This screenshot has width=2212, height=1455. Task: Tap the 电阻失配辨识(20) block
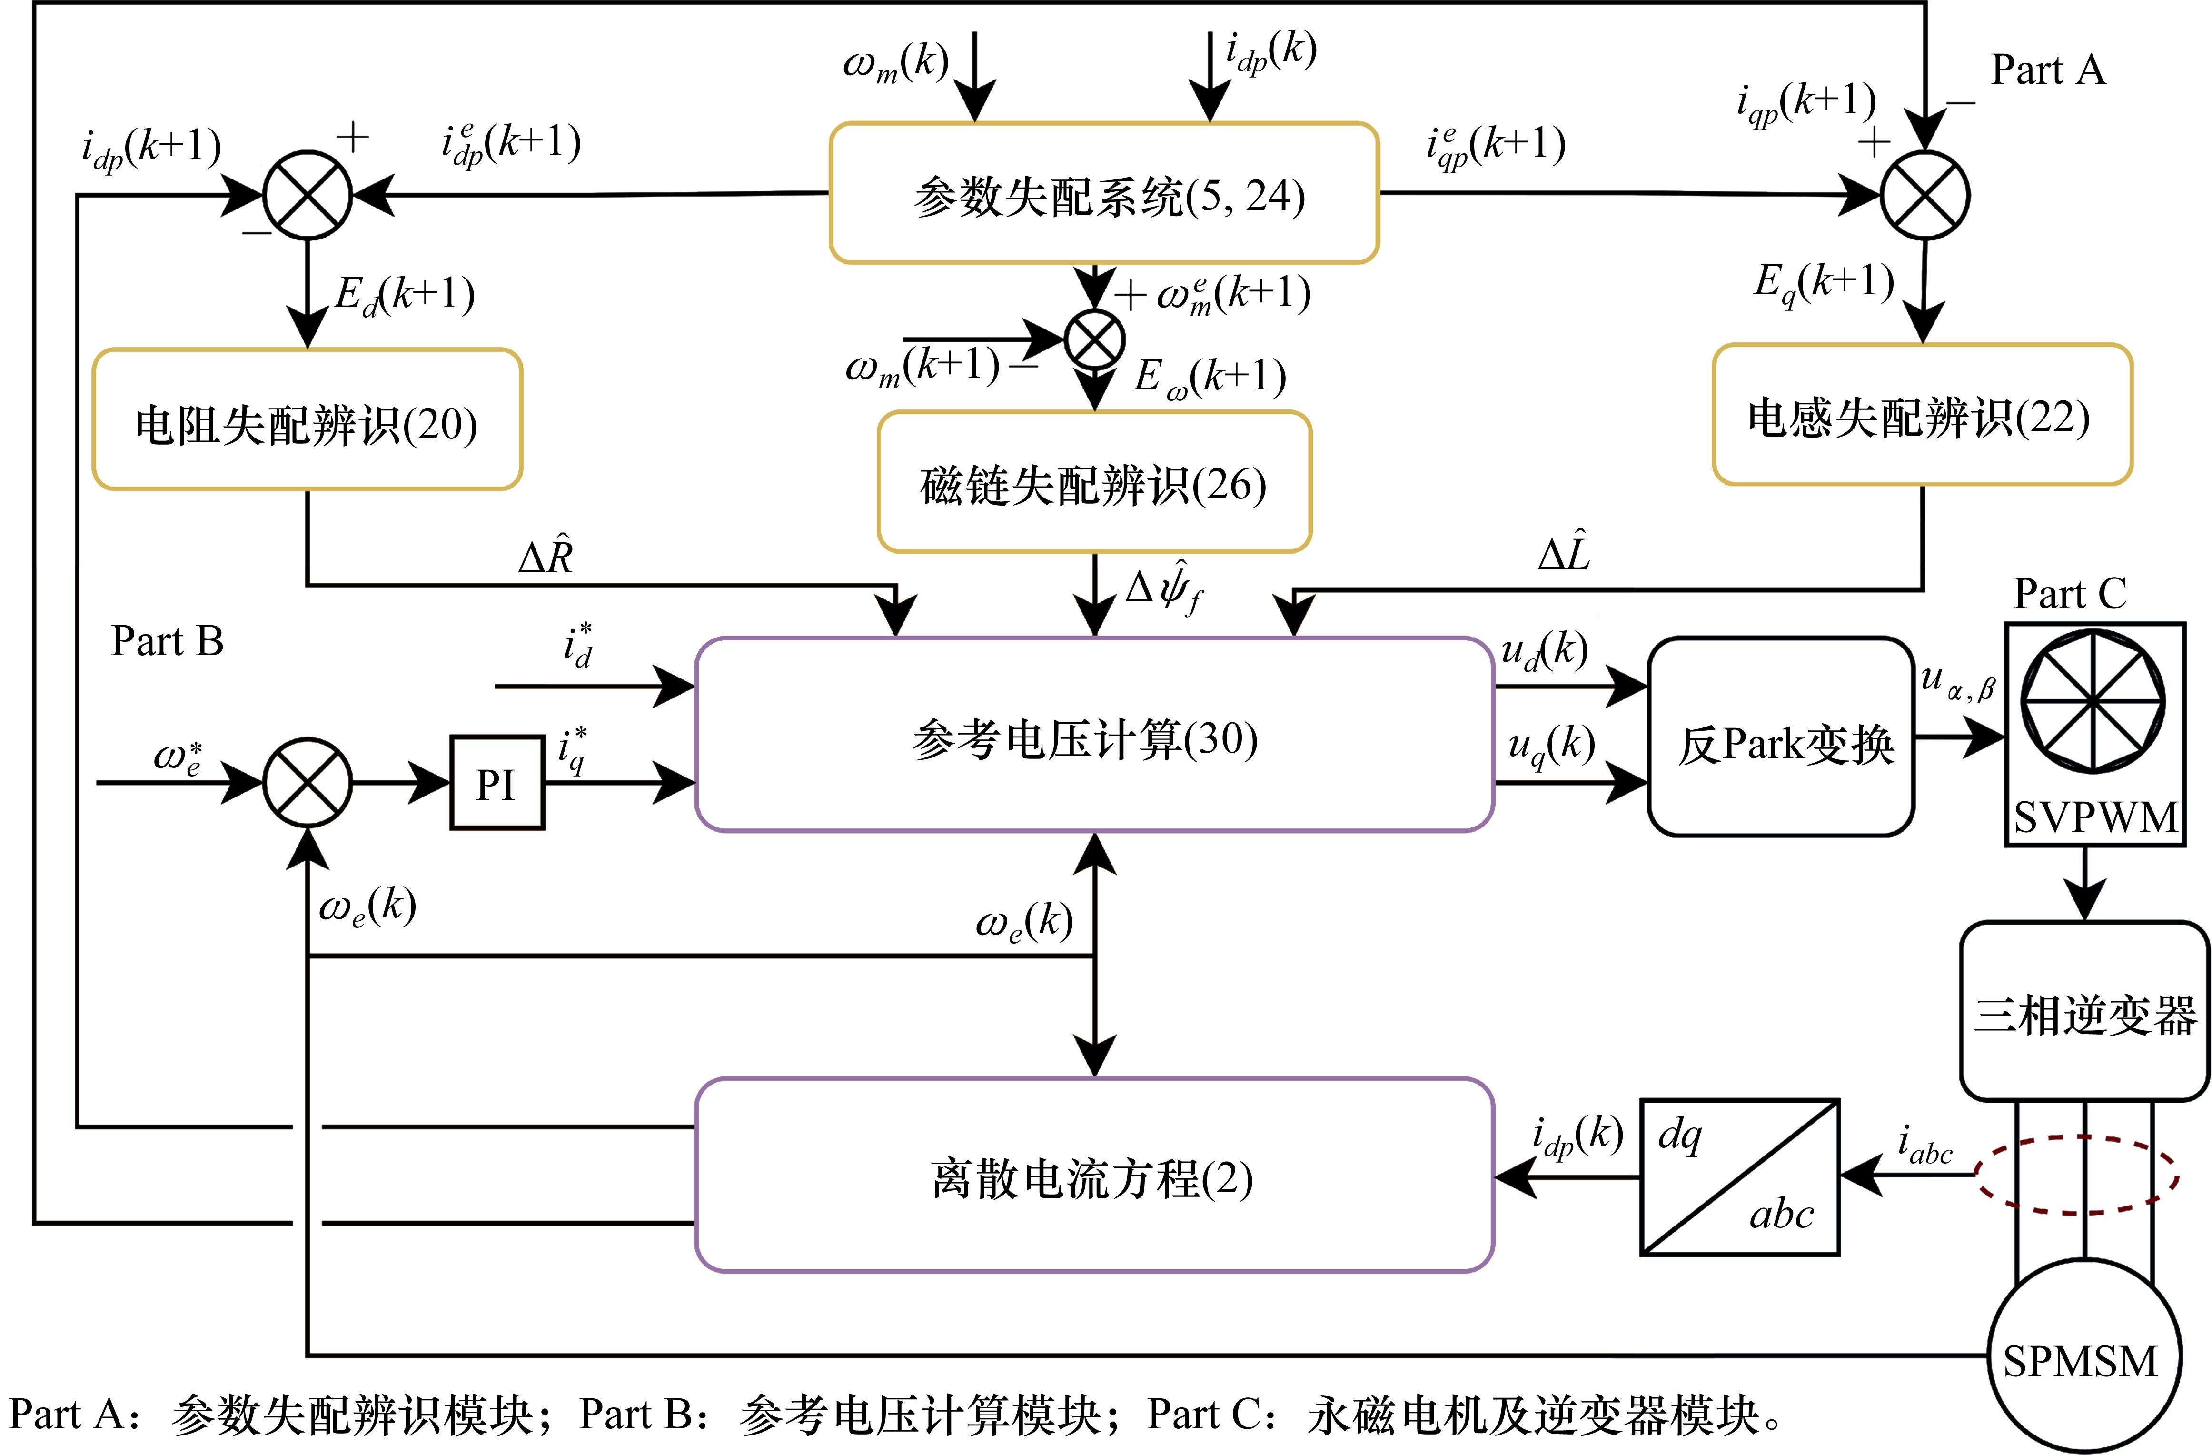307,419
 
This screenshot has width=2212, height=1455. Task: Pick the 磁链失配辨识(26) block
1094,482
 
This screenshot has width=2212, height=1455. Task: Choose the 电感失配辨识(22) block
1921,415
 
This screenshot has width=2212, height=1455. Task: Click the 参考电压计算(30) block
1094,735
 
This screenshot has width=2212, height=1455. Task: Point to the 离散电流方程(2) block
1094,1175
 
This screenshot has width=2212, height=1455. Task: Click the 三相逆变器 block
2085,1012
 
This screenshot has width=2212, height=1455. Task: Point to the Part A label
2047,70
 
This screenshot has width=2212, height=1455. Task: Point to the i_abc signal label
1924,1146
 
